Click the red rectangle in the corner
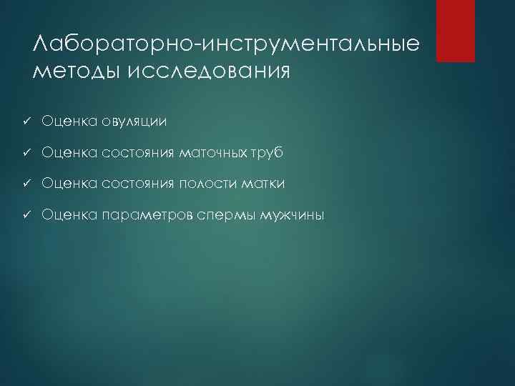pos(456,31)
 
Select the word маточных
pos(211,153)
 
